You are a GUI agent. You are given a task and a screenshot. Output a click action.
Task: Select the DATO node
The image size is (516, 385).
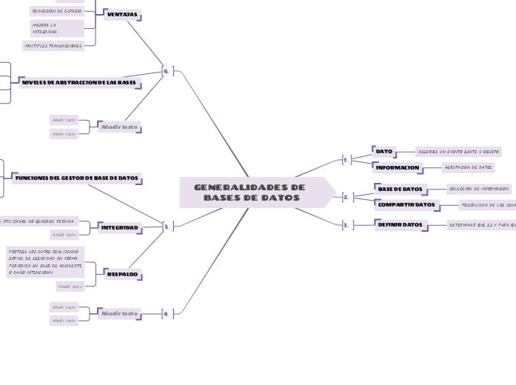[x=384, y=152]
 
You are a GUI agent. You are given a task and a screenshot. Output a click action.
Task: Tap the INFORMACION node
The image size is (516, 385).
[x=398, y=168]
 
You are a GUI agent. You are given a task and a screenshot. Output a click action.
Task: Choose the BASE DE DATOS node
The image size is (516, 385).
[x=400, y=190]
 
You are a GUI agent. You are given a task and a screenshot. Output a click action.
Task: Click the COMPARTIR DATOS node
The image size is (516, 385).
[x=406, y=204]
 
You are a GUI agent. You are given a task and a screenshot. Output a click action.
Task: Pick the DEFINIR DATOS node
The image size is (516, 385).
[x=401, y=224]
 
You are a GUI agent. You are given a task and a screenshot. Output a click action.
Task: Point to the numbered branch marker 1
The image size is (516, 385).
[x=345, y=159]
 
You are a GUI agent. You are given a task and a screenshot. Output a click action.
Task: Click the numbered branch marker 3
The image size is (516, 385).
[x=345, y=225]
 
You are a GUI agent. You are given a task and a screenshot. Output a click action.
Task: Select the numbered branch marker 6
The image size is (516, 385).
[x=166, y=71]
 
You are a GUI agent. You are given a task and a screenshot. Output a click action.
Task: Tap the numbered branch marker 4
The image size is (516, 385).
[x=166, y=314]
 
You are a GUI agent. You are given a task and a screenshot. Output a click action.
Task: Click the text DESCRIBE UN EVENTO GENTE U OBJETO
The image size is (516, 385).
[x=458, y=152]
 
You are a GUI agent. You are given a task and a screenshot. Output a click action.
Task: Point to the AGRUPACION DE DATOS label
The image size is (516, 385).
[x=468, y=168]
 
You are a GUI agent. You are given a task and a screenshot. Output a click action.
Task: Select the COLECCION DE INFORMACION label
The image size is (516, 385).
[x=479, y=190]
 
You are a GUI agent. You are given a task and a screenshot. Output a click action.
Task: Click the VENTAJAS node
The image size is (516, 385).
[x=122, y=15]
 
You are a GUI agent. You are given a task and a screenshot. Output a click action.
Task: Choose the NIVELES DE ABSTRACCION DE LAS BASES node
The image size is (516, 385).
[x=79, y=83]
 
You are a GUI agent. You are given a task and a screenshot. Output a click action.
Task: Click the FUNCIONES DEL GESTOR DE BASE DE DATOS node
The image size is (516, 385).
[x=76, y=178]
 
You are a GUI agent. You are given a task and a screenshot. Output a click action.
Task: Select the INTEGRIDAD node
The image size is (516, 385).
[x=119, y=227]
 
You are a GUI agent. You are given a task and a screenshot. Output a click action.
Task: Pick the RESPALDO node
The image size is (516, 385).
[x=122, y=275]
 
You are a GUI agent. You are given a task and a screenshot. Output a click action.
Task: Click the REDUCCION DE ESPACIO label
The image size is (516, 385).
[x=56, y=11]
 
